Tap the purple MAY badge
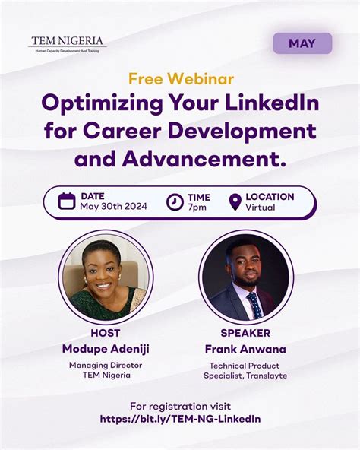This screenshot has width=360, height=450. tap(302, 43)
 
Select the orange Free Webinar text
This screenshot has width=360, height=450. tap(181, 79)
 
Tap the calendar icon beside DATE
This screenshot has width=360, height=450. tap(67, 201)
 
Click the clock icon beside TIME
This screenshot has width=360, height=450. tap(175, 201)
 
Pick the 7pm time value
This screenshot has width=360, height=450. tap(196, 208)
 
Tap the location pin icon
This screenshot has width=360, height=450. tap(235, 201)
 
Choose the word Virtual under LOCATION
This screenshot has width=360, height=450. tap(261, 208)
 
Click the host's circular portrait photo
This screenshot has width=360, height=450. tap(105, 276)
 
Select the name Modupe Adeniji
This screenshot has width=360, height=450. tap(105, 349)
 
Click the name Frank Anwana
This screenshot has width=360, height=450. tap(245, 349)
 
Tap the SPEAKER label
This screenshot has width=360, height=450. tap(245, 333)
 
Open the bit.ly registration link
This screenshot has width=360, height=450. tap(180, 419)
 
